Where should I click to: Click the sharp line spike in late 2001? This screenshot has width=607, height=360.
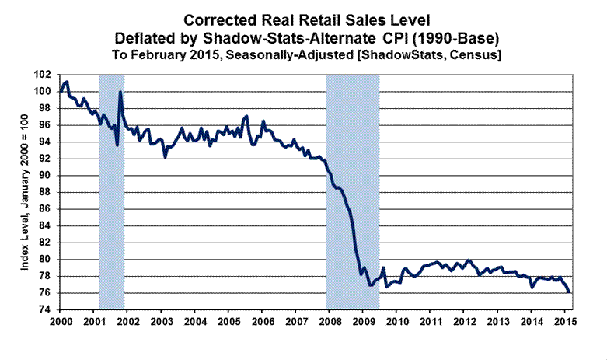click(x=120, y=93)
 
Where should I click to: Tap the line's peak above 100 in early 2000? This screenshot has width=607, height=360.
click(x=67, y=82)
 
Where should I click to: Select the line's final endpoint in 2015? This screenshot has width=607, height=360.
click(x=570, y=292)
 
